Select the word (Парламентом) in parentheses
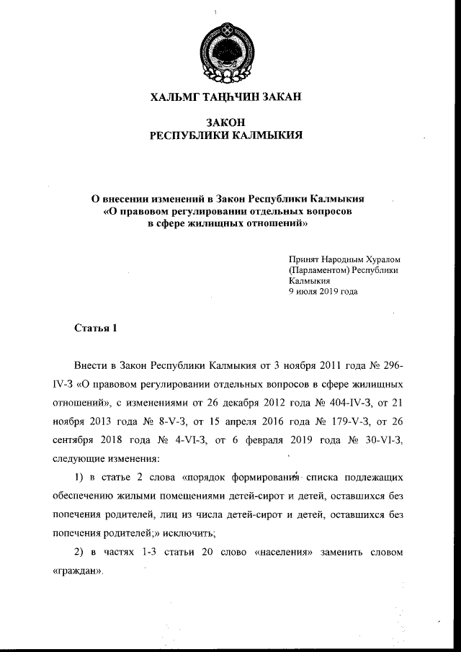coord(318,269)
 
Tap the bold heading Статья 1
coord(96,329)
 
